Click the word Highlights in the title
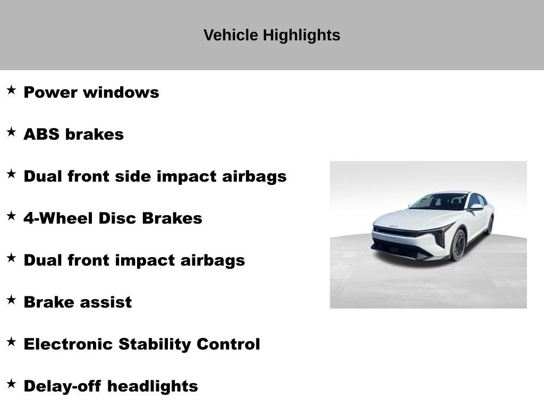pyautogui.click(x=301, y=36)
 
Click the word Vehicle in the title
pyautogui.click(x=231, y=35)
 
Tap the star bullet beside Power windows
pyautogui.click(x=11, y=90)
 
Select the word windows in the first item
pyautogui.click(x=121, y=92)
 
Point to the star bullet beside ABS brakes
pyautogui.click(x=11, y=132)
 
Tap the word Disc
pyautogui.click(x=117, y=218)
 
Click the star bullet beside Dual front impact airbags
pyautogui.click(x=11, y=258)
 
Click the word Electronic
pyautogui.click(x=69, y=344)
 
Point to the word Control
pyautogui.click(x=228, y=344)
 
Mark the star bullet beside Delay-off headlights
pyautogui.click(x=11, y=384)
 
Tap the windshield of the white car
pyautogui.click(x=439, y=201)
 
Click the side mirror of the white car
pyautogui.click(x=475, y=207)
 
